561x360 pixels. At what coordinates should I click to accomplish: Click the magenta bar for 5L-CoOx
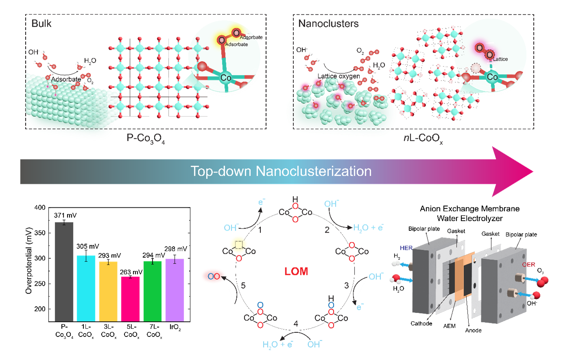click(130, 299)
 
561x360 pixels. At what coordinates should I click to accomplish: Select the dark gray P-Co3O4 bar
click(64, 272)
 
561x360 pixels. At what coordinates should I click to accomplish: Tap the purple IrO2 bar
click(175, 290)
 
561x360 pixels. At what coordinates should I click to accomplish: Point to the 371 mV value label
click(65, 215)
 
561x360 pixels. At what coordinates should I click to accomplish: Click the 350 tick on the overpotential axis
click(40, 233)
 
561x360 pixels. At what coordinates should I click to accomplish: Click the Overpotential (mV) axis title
click(29, 261)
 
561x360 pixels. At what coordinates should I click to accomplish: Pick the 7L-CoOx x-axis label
click(154, 331)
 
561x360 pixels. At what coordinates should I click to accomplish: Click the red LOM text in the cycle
click(296, 271)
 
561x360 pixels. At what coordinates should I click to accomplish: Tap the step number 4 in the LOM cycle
click(296, 324)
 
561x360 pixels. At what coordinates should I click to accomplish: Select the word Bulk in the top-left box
click(41, 24)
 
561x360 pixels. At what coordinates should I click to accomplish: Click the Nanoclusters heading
click(328, 24)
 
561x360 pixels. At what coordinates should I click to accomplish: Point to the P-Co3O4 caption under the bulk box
click(146, 139)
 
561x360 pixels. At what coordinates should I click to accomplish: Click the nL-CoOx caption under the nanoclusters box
click(423, 139)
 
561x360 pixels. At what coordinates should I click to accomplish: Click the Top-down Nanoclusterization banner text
click(281, 171)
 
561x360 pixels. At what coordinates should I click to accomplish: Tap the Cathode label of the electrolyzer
click(421, 323)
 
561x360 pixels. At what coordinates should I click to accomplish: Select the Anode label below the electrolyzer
click(474, 330)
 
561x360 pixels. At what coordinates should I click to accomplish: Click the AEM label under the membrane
click(449, 326)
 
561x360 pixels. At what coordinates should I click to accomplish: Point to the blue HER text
click(406, 248)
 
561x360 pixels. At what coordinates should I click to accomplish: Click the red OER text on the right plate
click(528, 265)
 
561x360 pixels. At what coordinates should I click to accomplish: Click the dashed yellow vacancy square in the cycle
click(239, 244)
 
